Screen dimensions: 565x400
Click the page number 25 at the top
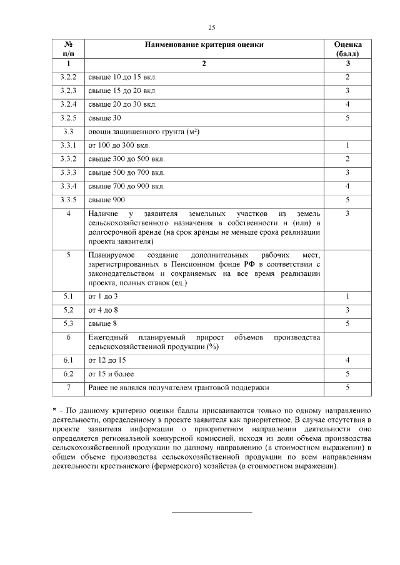[211, 27]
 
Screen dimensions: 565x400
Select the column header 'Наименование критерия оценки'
[204, 45]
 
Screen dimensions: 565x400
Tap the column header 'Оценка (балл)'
[347, 49]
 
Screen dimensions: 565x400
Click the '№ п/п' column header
[69, 49]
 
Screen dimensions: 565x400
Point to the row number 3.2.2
[69, 77]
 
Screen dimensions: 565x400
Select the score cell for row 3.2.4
[347, 104]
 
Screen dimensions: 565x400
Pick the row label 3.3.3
[69, 172]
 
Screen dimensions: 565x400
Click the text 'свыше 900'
[107, 200]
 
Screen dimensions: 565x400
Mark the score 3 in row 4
[347, 214]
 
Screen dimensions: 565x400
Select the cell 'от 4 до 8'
[103, 310]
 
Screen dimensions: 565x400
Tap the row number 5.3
[69, 323]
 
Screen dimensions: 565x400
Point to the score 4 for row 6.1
[347, 360]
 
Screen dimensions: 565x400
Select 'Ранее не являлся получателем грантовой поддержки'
[179, 388]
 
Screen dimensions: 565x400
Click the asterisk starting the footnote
[54, 410]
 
